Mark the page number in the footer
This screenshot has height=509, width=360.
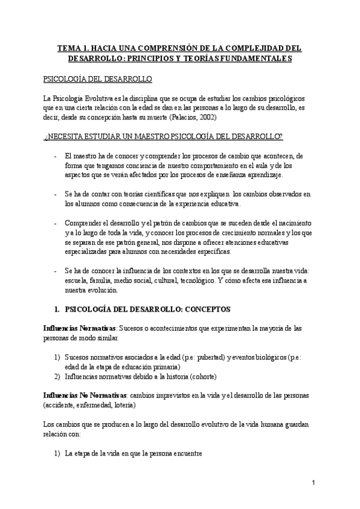[314, 484]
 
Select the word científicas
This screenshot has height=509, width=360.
[158, 193]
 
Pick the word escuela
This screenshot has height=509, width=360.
[77, 280]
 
